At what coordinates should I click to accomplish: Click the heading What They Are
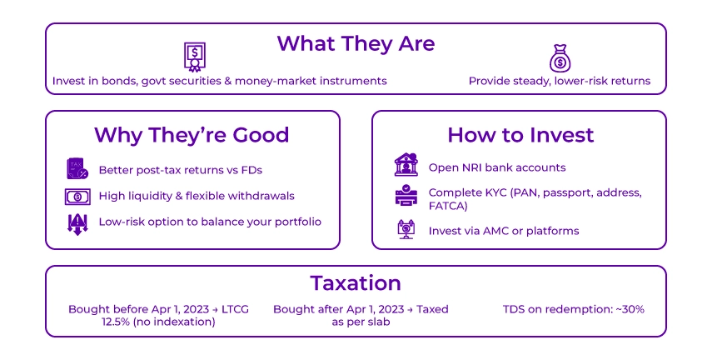click(x=356, y=42)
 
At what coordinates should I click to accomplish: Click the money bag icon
click(x=559, y=57)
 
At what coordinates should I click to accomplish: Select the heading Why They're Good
click(x=192, y=135)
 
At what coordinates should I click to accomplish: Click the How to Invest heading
click(x=520, y=135)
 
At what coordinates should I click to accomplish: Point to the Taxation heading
click(x=356, y=282)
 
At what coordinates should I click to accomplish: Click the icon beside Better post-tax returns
click(x=76, y=170)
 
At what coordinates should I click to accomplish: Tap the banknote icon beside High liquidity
click(x=76, y=197)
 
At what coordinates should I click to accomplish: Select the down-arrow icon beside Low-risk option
click(x=76, y=222)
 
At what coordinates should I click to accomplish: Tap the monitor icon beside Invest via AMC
click(x=406, y=230)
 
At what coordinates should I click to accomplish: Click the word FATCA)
click(x=448, y=206)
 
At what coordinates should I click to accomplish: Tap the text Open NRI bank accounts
click(x=497, y=167)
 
